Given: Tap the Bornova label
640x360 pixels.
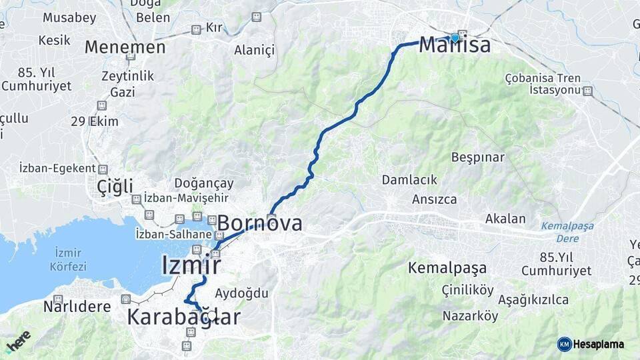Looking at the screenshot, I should (x=259, y=223).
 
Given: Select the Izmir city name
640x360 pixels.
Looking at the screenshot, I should (x=191, y=265).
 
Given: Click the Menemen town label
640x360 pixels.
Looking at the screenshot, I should (x=125, y=47).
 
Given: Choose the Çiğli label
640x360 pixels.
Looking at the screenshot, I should (x=115, y=186).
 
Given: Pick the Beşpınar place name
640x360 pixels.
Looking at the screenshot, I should (x=478, y=157).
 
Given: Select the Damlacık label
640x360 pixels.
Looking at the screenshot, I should (x=409, y=179).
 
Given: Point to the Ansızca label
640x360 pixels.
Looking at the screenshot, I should (x=435, y=199).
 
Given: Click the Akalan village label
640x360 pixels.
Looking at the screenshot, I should (x=505, y=219).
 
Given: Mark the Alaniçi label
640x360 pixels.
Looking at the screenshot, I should (x=254, y=51).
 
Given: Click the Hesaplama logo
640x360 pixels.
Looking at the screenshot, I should (x=591, y=344).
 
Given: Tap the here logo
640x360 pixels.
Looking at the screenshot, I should (x=18, y=341).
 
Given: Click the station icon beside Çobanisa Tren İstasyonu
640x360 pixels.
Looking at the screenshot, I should (x=587, y=91).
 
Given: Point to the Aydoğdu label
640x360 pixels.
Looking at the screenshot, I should (x=241, y=293).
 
